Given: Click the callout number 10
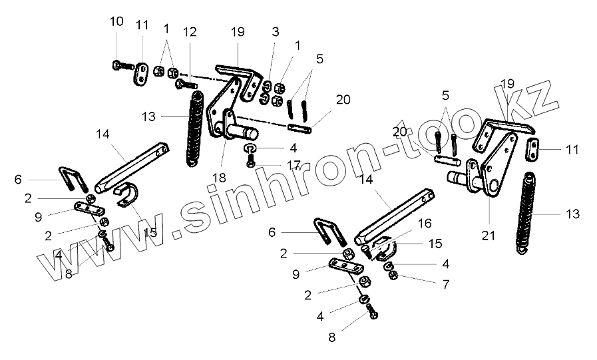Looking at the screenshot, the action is point(116,21).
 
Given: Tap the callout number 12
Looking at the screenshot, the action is point(190,31).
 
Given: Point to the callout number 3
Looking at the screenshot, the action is point(276,31).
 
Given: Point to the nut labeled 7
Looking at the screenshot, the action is point(394,275).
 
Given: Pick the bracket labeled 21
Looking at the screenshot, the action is point(496,166).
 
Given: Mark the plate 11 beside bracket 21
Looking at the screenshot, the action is point(534,150).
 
